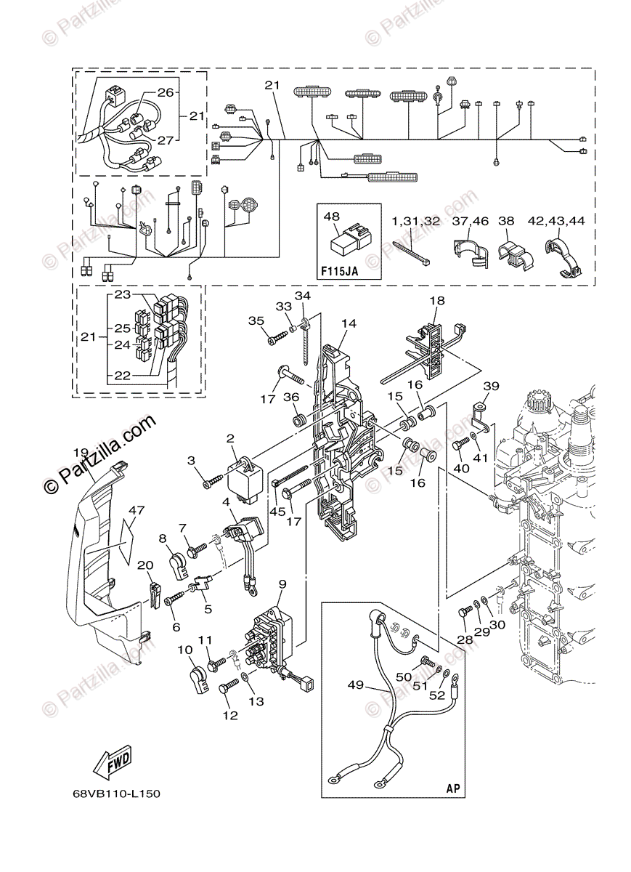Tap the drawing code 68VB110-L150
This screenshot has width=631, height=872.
tap(116, 794)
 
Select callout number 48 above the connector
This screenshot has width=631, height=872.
tap(332, 217)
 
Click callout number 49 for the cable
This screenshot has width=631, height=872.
tap(355, 685)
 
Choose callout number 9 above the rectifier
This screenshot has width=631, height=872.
tap(282, 584)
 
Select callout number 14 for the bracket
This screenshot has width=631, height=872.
tap(349, 324)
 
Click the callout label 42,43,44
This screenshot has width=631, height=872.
tap(566, 221)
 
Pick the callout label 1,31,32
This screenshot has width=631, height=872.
tap(416, 221)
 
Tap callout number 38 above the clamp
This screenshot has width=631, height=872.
tap(506, 221)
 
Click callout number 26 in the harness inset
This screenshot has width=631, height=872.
tap(166, 92)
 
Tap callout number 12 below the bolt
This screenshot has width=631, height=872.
tap(230, 715)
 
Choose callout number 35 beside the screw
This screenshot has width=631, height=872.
tap(256, 320)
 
